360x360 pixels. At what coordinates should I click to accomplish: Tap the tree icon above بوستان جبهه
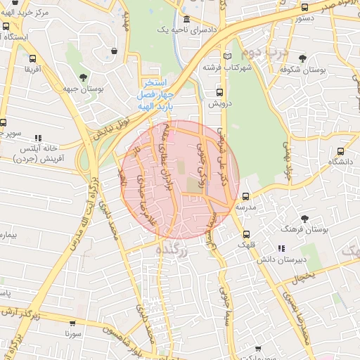[84, 77]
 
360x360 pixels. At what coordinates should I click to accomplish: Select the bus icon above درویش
[219, 92]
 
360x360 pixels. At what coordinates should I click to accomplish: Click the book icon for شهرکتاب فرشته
[226, 56]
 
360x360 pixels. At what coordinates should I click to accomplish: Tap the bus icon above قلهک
[245, 235]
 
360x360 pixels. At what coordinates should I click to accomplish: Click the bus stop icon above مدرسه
[245, 197]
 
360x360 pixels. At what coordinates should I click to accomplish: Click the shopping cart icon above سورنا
[71, 324]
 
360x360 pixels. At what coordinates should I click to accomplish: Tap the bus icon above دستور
[304, 8]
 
